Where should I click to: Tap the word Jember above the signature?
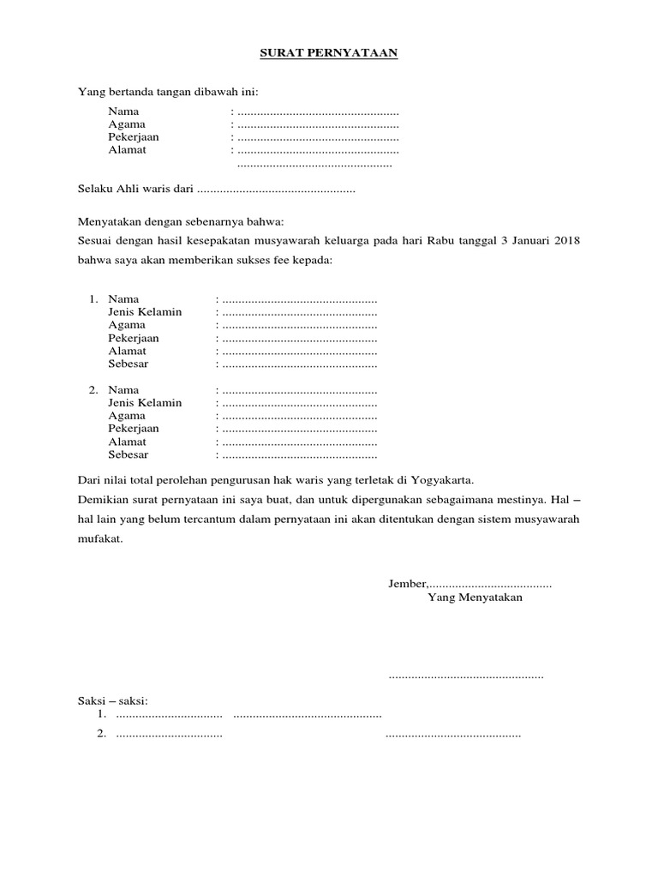coord(406,584)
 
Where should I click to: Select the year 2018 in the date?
coord(566,241)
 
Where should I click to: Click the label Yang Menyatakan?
coord(474,598)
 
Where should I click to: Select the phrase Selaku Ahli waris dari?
coord(136,189)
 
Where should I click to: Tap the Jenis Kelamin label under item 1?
coord(145,312)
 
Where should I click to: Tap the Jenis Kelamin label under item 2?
coord(145,403)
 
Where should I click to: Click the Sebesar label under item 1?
coord(128,364)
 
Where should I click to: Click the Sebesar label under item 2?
coord(128,454)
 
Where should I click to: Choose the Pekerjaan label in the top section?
coord(133,137)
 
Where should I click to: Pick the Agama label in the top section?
coord(127,124)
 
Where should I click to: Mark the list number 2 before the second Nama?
coord(93,390)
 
